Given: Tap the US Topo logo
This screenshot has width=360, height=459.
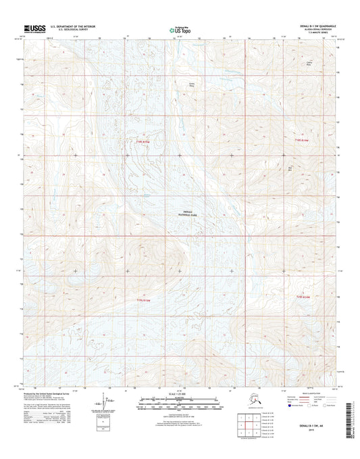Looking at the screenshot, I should tap(180, 30).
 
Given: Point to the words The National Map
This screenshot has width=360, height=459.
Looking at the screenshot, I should tap(180, 26).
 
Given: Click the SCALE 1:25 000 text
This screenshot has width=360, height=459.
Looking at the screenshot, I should tap(180, 394).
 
